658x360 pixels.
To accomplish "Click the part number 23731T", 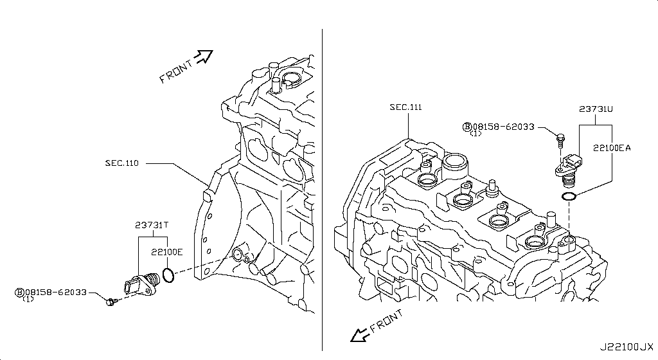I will pyautogui.click(x=152, y=225).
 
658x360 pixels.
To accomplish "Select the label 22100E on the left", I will pyautogui.click(x=167, y=252).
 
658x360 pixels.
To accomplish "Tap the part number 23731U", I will pyautogui.click(x=594, y=110).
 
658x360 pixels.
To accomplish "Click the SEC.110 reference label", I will pyautogui.click(x=122, y=163).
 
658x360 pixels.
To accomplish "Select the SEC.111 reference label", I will pyautogui.click(x=405, y=107).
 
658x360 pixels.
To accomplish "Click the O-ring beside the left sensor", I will pyautogui.click(x=168, y=276).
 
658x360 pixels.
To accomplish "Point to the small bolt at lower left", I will pyautogui.click(x=112, y=301).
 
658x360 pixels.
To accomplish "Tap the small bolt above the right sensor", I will pyautogui.click(x=560, y=138).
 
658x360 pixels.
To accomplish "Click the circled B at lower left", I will pyautogui.click(x=19, y=292).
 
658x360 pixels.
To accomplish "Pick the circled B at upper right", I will pyautogui.click(x=467, y=127).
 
